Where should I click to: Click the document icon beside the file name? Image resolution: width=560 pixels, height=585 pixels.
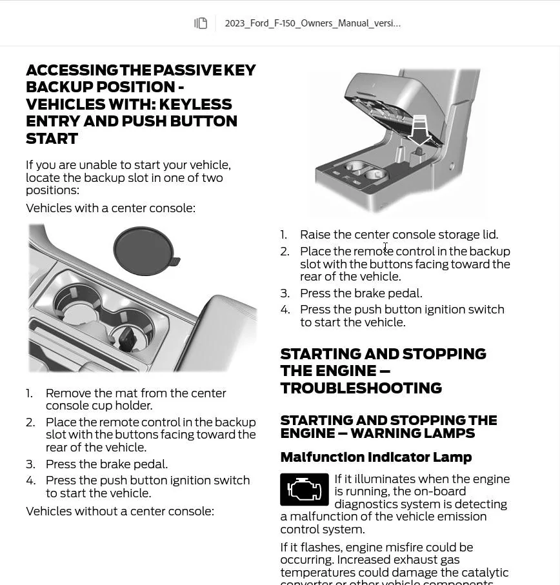click(201, 23)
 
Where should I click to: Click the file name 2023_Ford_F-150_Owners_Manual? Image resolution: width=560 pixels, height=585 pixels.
click(312, 23)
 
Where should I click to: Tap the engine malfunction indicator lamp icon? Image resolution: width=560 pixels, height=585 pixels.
click(304, 490)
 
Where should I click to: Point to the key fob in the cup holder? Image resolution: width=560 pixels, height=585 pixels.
click(126, 338)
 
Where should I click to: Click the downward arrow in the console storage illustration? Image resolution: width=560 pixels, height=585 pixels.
click(419, 130)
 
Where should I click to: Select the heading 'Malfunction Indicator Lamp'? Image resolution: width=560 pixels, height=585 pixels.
click(375, 457)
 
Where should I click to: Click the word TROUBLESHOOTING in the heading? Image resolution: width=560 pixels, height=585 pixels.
click(361, 388)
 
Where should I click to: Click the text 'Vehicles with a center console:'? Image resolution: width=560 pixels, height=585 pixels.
click(110, 208)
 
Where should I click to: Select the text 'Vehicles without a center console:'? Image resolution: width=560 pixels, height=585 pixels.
click(119, 511)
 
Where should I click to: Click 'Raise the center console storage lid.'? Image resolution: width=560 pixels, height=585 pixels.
click(399, 235)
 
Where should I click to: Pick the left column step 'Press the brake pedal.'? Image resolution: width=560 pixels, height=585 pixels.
click(106, 464)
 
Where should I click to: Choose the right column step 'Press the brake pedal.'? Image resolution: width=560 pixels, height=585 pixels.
click(361, 293)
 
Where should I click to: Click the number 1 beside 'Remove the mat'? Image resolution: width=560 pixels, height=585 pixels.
click(29, 393)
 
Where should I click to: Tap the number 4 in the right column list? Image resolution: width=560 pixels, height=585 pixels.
click(285, 310)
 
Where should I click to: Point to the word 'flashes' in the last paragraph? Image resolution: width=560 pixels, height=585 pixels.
click(323, 548)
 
